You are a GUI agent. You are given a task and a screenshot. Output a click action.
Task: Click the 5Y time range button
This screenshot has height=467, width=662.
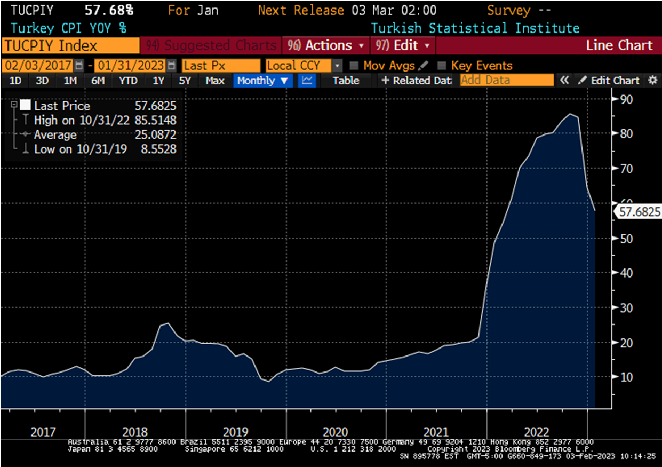click(x=185, y=81)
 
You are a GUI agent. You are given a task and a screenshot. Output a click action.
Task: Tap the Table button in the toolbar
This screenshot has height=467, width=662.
click(x=346, y=81)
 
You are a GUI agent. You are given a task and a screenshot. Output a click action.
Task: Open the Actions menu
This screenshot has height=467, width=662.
click(x=325, y=45)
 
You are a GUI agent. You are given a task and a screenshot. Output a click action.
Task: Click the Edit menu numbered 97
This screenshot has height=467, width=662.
click(x=403, y=45)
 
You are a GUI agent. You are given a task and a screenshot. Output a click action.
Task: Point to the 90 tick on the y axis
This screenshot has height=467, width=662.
click(x=626, y=99)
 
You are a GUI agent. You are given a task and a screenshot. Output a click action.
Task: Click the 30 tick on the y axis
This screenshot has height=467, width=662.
click(x=626, y=308)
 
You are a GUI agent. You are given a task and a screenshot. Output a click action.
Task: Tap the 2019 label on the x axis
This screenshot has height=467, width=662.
click(x=235, y=432)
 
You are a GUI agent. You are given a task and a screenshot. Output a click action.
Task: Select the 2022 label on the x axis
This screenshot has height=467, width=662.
click(x=537, y=432)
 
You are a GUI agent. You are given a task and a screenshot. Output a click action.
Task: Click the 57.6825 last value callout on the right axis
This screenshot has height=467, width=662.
click(x=640, y=212)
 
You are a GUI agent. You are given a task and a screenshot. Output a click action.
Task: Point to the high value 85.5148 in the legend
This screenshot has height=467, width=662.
click(x=155, y=121)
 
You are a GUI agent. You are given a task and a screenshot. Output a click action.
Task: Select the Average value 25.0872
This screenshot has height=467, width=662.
click(x=155, y=135)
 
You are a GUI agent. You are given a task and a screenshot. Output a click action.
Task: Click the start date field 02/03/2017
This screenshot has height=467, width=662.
click(x=38, y=66)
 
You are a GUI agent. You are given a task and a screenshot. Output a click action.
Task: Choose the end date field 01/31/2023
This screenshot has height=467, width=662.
click(x=130, y=66)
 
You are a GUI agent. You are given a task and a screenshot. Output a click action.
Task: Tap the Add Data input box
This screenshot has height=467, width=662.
click(x=506, y=81)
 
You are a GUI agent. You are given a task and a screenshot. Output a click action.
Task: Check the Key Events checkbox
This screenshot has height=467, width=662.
click(x=441, y=66)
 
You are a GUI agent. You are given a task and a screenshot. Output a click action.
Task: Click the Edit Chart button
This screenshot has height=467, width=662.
click(x=609, y=81)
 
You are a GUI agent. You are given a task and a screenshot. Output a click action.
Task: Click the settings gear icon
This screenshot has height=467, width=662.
click(x=652, y=81)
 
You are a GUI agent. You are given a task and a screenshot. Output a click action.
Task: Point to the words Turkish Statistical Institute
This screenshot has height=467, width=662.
click(x=475, y=28)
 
